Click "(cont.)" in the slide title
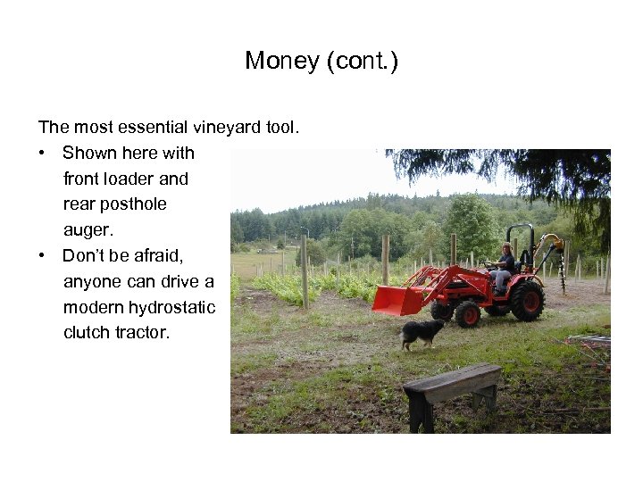(x=363, y=61)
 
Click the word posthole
(x=133, y=204)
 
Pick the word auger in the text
(x=87, y=229)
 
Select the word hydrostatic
(x=171, y=308)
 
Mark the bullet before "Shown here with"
(x=43, y=154)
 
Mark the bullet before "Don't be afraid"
(x=43, y=256)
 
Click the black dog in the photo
(x=422, y=333)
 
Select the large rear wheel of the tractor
(x=527, y=301)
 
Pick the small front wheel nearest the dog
(x=467, y=314)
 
